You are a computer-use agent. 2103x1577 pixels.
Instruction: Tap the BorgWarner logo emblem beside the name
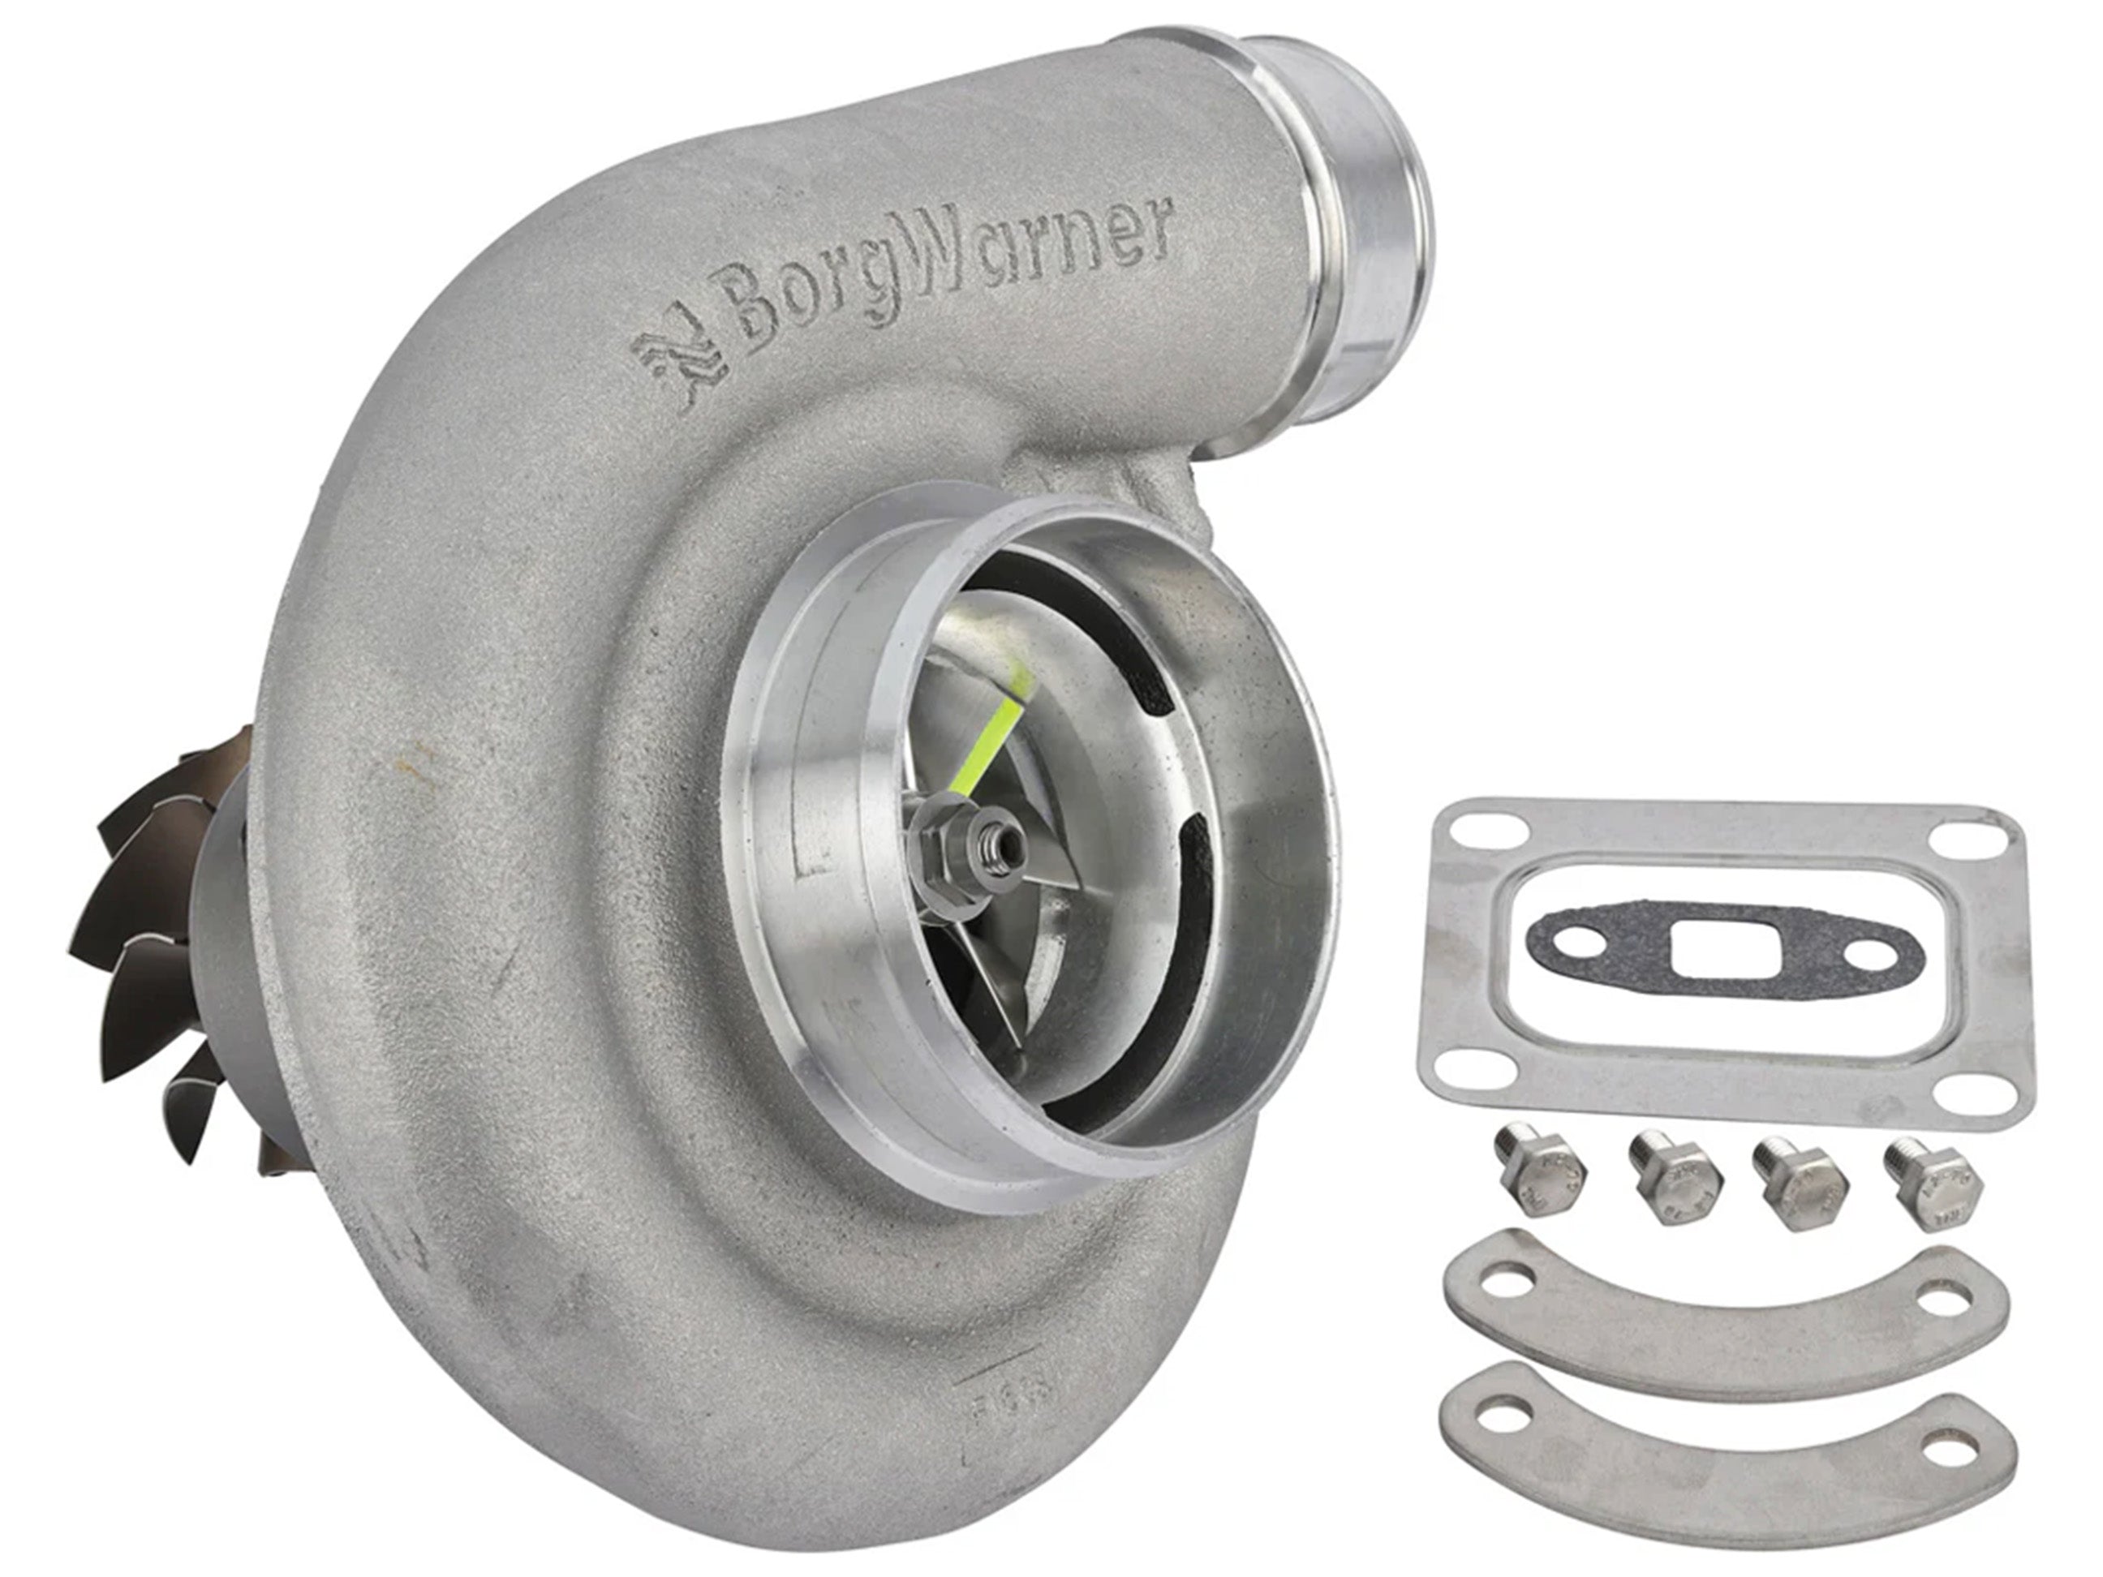tap(681, 366)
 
